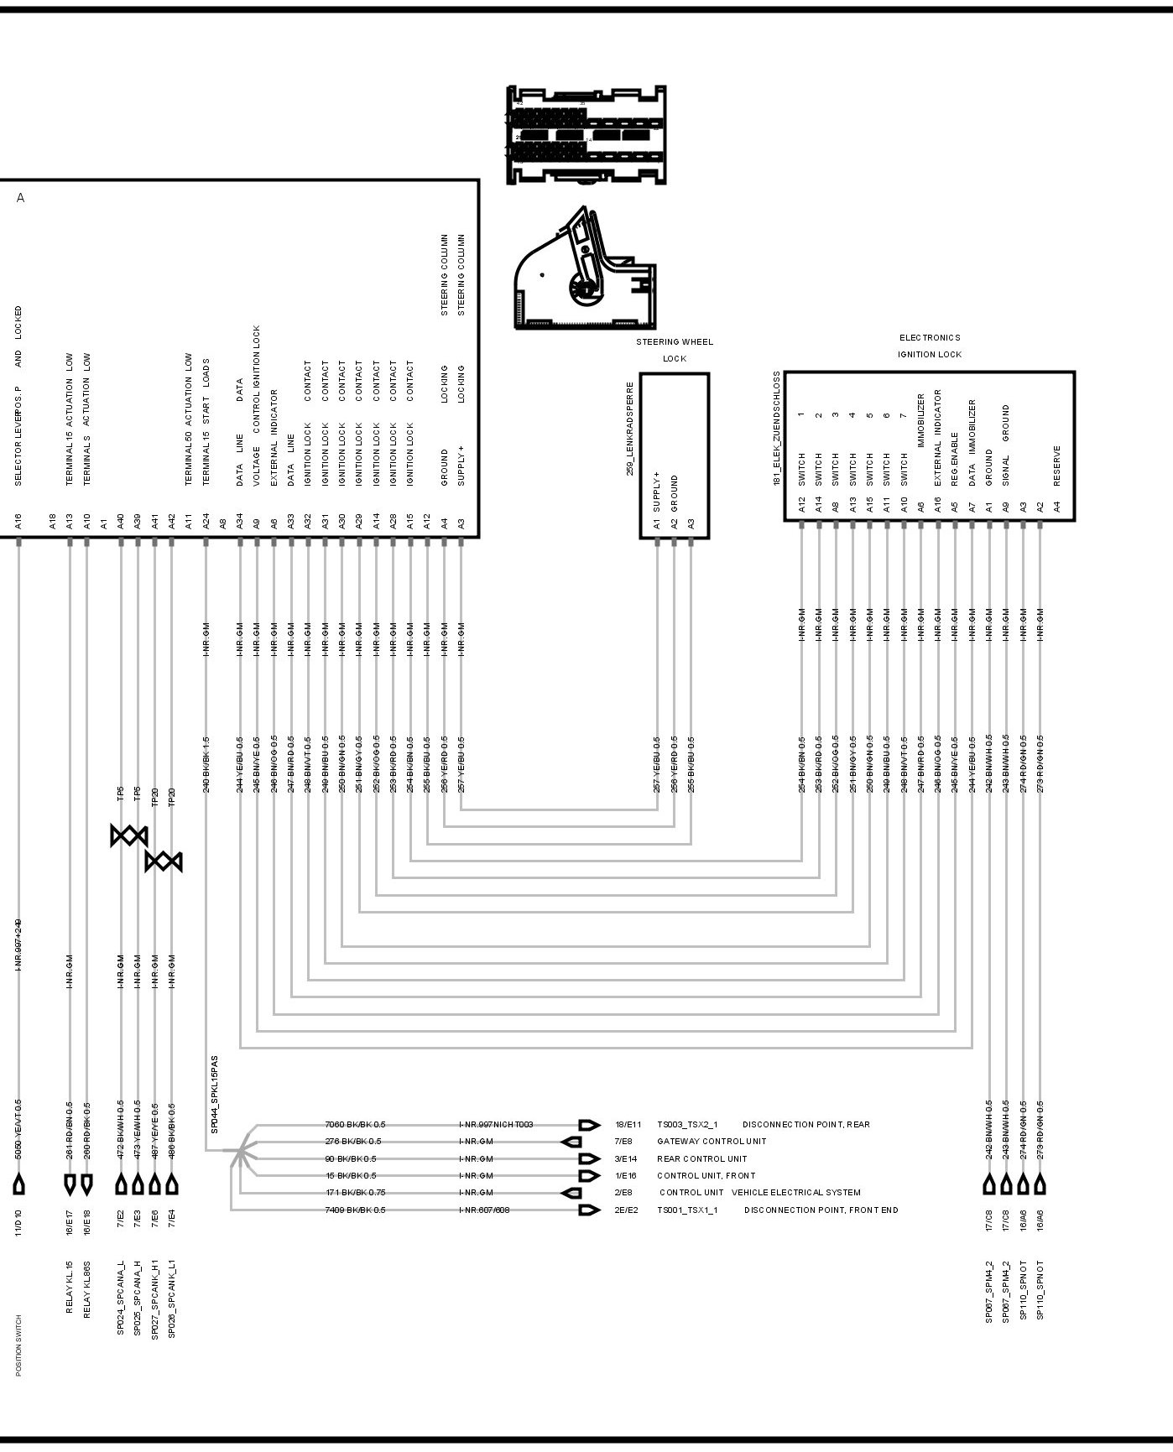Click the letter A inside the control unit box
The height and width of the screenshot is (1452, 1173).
tap(21, 199)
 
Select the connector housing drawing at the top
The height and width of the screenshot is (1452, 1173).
tap(586, 134)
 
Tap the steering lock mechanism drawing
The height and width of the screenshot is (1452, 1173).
tap(585, 269)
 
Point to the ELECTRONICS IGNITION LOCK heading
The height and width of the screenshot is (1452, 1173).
tap(930, 346)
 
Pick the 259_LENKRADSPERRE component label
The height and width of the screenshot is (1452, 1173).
tap(630, 429)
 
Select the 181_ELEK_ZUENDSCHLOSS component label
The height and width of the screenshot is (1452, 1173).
tap(777, 429)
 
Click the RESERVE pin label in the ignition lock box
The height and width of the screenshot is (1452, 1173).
tap(1057, 466)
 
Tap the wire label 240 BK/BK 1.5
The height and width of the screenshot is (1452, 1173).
tap(206, 765)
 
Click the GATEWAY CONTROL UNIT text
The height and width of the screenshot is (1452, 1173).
tap(712, 1142)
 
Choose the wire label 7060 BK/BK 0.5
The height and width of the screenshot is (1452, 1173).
tap(355, 1125)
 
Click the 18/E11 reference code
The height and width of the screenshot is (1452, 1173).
tap(628, 1125)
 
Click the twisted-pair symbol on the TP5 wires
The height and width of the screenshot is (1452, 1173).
tap(129, 835)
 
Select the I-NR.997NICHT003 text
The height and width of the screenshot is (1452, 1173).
tap(496, 1125)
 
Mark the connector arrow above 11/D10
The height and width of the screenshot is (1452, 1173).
tap(19, 1184)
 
